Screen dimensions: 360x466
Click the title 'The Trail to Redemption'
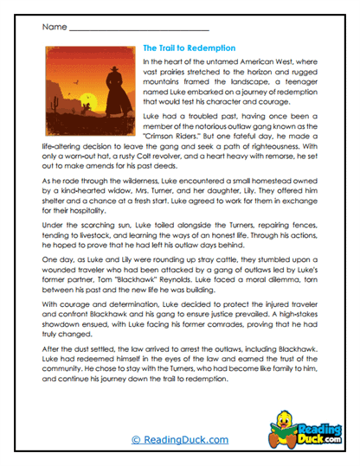click(185, 48)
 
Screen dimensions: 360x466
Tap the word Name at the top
click(52, 26)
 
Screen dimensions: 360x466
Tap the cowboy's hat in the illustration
click(112, 56)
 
